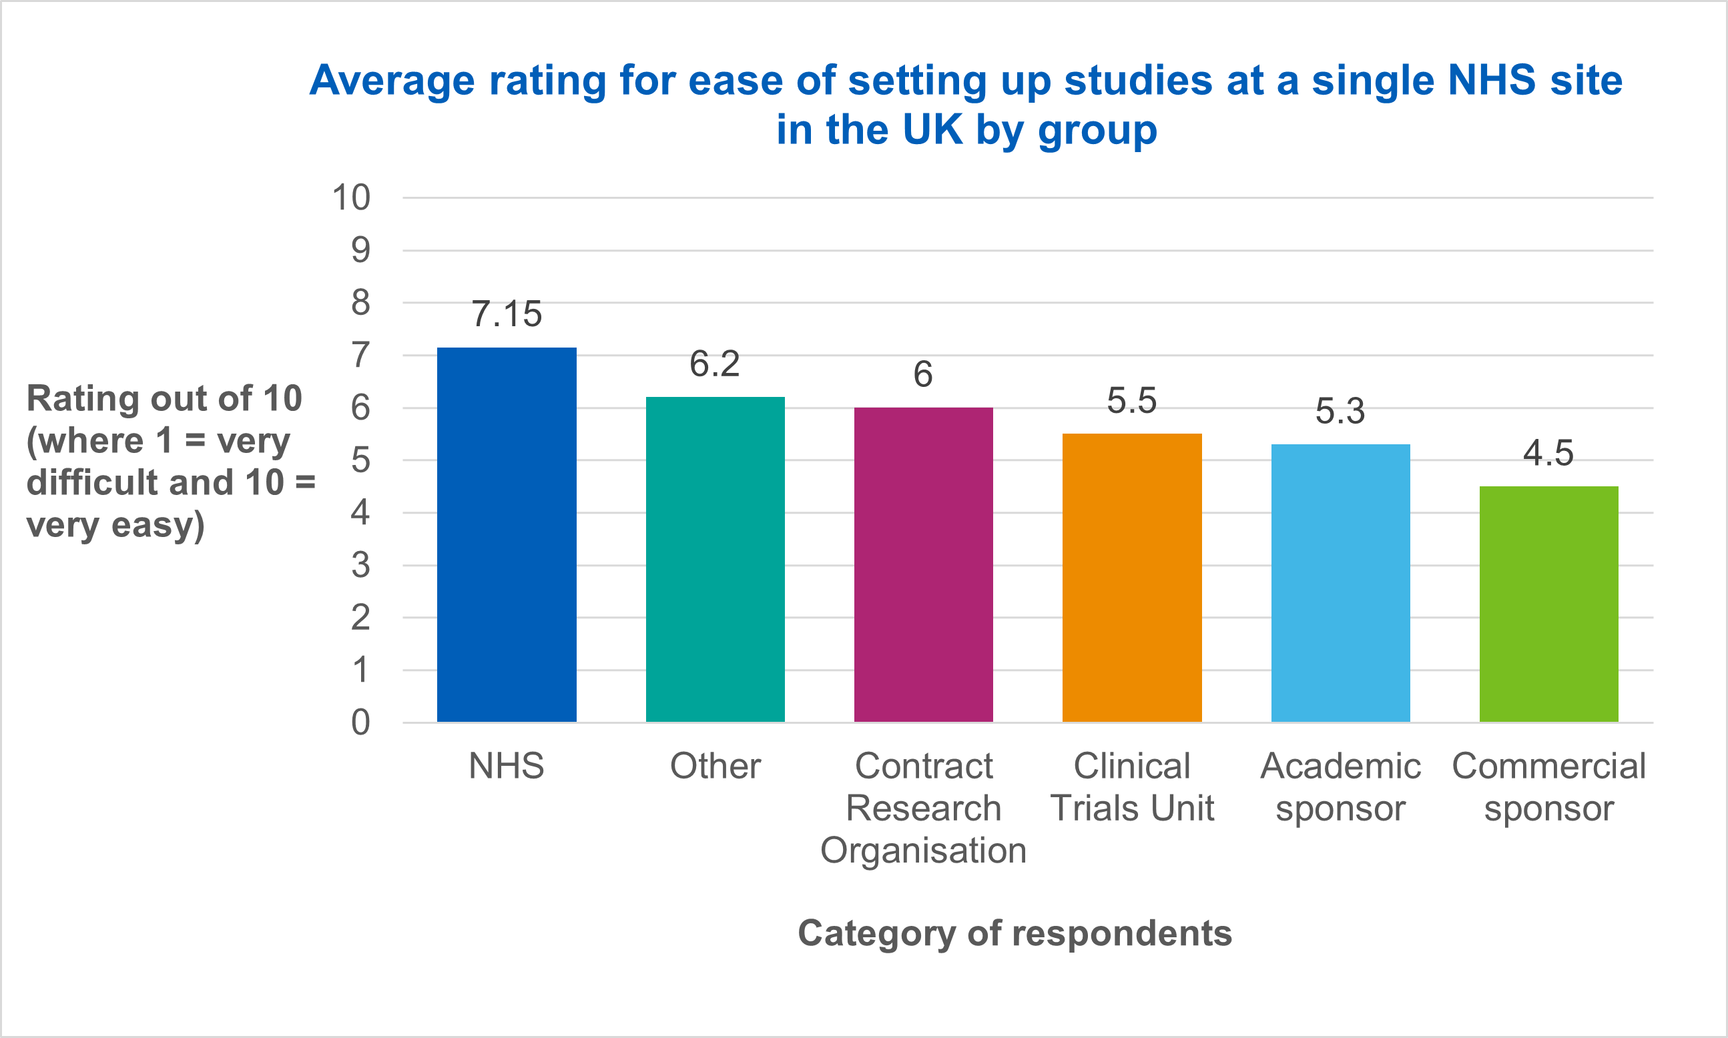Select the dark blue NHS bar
pos(507,535)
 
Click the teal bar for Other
pos(715,560)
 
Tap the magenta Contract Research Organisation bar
pos(924,565)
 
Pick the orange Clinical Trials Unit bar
pos(1132,578)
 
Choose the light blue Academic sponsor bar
pos(1340,583)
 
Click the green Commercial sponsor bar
pos(1549,604)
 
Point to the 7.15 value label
pos(507,314)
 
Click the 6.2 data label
pos(714,364)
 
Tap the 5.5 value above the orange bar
pos(1131,401)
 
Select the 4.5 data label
pos(1548,453)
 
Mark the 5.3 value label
pos(1340,412)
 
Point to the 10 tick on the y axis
pos(350,198)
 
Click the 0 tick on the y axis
pos(360,722)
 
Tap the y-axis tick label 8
pos(360,303)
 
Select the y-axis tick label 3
pos(360,565)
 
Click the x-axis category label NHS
pos(507,766)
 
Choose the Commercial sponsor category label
pos(1549,787)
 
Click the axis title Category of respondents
pos(1015,933)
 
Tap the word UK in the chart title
pos(932,129)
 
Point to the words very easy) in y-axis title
pos(115,524)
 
